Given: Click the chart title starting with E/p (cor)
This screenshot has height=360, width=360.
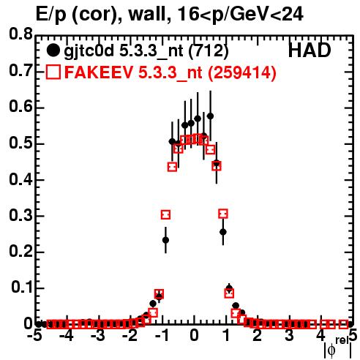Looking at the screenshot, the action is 170,15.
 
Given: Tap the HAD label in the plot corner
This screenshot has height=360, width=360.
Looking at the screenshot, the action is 310,50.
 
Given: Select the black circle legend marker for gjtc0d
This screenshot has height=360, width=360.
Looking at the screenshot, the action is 53,50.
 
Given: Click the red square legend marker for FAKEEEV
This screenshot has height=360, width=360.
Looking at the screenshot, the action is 53,72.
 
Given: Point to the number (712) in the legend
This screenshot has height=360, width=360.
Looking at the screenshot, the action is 209,50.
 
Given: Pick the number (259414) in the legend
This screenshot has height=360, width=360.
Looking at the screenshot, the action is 242,72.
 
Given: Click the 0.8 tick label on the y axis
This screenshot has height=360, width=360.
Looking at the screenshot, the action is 20,34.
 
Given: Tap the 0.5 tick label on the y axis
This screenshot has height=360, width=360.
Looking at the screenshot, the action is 20,143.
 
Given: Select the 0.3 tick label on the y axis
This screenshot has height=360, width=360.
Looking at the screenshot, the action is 20,215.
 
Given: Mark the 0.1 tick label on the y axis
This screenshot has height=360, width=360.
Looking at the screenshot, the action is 21,288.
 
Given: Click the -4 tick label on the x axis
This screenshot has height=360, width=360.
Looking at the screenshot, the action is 67,335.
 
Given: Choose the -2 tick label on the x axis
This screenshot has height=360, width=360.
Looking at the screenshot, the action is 130,335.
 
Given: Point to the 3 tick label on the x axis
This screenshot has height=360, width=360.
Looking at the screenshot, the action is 289,335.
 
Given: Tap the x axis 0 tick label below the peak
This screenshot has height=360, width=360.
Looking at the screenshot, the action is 194,335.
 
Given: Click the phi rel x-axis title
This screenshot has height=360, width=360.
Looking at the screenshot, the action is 338,347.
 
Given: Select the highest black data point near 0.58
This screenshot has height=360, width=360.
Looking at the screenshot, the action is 210,116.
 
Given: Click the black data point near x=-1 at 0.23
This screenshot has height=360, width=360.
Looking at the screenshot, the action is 165,240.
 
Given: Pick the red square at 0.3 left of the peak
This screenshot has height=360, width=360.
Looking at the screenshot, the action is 165,214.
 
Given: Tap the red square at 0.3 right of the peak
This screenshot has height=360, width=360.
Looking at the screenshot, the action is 223,214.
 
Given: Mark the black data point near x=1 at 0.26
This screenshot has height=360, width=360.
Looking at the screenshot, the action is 223,232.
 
